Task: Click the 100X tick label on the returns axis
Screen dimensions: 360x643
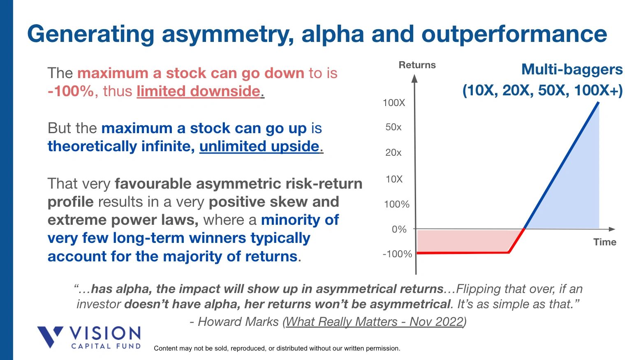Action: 393,103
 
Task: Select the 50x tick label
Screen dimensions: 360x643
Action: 393,127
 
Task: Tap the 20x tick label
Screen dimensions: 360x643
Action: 393,153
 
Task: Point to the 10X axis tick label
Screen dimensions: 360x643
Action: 393,179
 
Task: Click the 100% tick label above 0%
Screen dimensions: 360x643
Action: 396,204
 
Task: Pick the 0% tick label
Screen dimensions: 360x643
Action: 399,229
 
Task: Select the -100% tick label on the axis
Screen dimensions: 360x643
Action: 397,254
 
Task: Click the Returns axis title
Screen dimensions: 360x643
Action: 417,65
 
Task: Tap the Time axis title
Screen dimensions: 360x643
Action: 604,242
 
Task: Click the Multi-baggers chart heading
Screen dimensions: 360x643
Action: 571,69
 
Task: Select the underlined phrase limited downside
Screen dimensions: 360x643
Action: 199,91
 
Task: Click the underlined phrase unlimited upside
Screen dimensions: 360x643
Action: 259,146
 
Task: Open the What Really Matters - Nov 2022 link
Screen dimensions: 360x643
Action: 375,321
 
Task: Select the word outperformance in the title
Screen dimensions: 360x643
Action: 514,34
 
